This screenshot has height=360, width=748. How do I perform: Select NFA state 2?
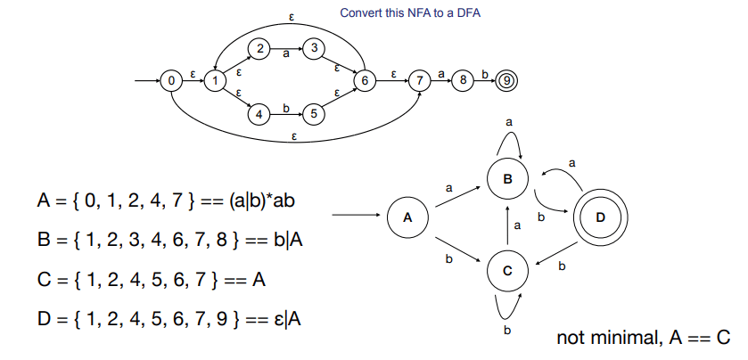click(x=259, y=49)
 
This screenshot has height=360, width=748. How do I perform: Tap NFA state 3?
click(x=313, y=49)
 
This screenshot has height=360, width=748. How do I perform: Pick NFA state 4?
click(x=259, y=114)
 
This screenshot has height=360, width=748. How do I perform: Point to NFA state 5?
click(x=313, y=114)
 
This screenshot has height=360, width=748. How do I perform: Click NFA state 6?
click(x=365, y=82)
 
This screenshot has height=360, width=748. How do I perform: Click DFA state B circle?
click(x=508, y=179)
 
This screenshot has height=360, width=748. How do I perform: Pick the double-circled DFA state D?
click(x=600, y=217)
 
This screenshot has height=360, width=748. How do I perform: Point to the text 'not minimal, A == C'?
click(x=643, y=338)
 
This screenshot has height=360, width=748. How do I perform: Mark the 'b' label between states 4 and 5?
click(x=286, y=108)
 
